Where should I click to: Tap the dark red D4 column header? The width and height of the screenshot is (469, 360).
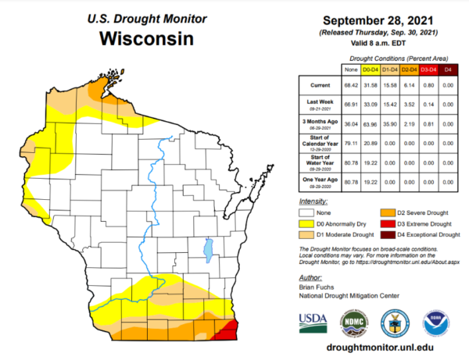(448, 70)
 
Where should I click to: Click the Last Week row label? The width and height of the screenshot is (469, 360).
(318, 103)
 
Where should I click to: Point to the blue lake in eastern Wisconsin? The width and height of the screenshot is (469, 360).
(208, 253)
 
